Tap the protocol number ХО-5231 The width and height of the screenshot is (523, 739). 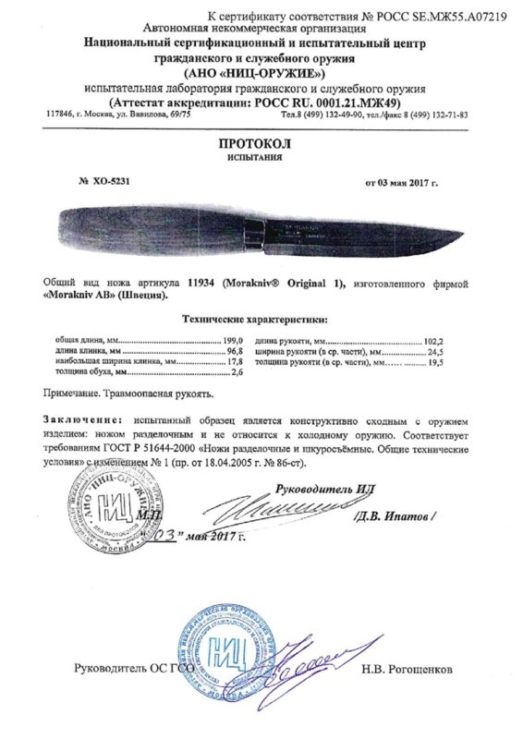pyautogui.click(x=108, y=182)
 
